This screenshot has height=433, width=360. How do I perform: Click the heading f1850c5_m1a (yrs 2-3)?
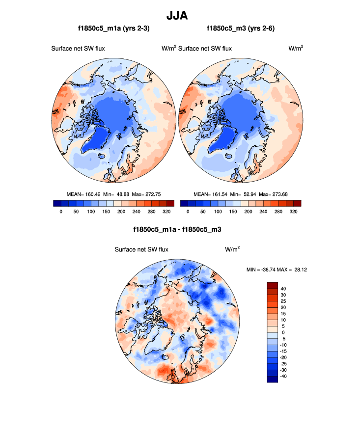click(114, 29)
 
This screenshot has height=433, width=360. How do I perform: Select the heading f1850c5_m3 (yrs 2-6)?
click(241, 29)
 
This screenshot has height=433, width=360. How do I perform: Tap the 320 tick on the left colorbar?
click(167, 212)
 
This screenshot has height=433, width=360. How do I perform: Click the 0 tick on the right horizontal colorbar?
click(188, 212)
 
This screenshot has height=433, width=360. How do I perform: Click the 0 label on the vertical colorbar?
click(282, 332)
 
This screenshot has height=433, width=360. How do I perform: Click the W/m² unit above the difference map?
click(232, 249)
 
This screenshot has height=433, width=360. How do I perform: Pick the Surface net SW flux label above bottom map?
click(141, 249)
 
